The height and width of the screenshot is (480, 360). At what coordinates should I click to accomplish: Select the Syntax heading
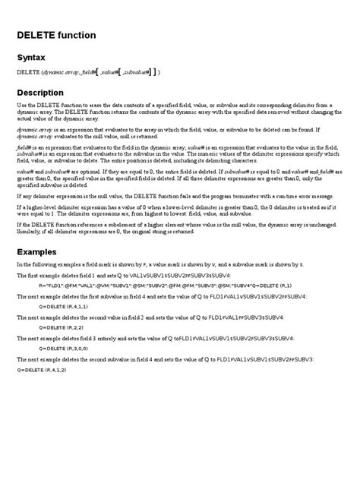click(33, 57)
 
